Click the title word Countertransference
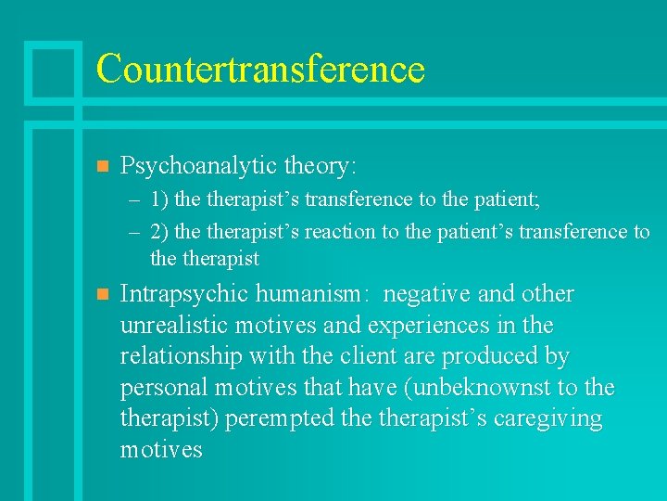tap(260, 69)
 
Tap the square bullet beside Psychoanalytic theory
tap(103, 167)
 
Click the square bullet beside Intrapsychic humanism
tap(103, 295)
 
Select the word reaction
tap(342, 232)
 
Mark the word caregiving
tap(547, 419)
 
